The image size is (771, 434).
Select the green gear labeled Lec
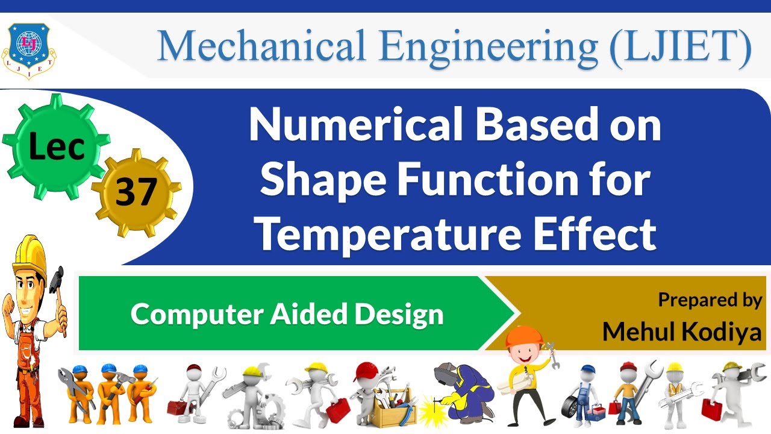click(56, 145)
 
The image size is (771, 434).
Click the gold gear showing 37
click(136, 192)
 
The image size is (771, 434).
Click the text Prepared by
click(710, 300)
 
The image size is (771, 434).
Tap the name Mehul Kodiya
click(682, 330)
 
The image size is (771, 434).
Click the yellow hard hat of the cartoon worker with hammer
click(30, 253)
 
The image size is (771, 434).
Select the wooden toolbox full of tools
click(392, 410)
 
